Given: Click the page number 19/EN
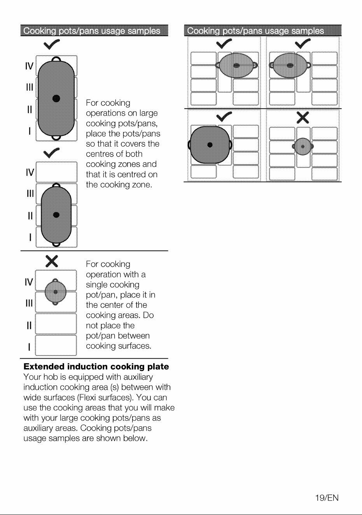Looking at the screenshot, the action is pyautogui.click(x=327, y=498).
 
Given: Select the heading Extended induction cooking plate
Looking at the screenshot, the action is pyautogui.click(x=96, y=366).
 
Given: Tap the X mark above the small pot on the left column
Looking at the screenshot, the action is pyautogui.click(x=52, y=261).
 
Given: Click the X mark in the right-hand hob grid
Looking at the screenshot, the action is pyautogui.click(x=303, y=117).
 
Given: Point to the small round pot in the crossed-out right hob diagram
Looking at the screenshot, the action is pyautogui.click(x=303, y=147).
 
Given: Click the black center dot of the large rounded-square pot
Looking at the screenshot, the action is pyautogui.click(x=210, y=145).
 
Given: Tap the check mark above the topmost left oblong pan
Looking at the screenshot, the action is pyautogui.click(x=51, y=44).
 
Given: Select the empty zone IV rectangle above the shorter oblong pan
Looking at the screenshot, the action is pyautogui.click(x=56, y=172).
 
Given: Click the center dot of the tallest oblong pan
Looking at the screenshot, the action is pyautogui.click(x=56, y=98).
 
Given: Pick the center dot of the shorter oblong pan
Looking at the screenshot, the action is pyautogui.click(x=56, y=215).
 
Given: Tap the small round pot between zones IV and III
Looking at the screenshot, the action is pyautogui.click(x=55, y=292).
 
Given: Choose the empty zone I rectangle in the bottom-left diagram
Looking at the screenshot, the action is pyautogui.click(x=56, y=345).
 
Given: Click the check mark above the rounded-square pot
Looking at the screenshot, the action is pyautogui.click(x=224, y=117).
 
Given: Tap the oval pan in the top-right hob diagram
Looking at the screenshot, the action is pyautogui.click(x=290, y=65).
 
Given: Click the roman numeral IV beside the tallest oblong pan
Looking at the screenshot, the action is pyautogui.click(x=30, y=66).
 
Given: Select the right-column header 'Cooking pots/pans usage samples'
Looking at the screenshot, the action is pyautogui.click(x=255, y=31).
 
